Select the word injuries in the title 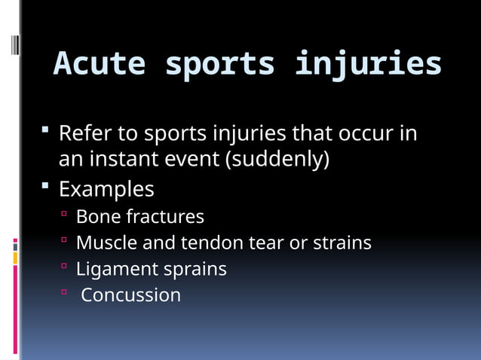click(368, 64)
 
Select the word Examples click(106, 188)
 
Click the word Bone click(98, 217)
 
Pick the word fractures click(165, 217)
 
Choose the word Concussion click(130, 295)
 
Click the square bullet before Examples click(47, 185)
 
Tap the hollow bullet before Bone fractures click(65, 215)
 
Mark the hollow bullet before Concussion click(65, 293)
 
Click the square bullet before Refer click(47, 132)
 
